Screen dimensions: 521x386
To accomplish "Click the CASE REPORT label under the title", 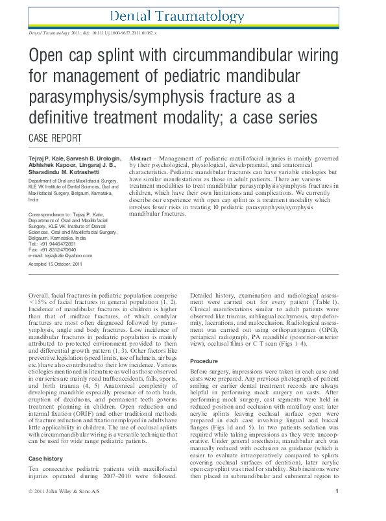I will tap(56, 138).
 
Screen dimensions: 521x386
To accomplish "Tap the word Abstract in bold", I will tap(141, 159).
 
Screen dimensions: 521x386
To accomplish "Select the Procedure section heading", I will tap(204, 361).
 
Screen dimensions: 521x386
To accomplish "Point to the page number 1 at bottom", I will tap(337, 509).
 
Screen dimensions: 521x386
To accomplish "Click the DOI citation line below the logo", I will tap(93, 31).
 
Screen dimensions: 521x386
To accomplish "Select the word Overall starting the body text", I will tap(41, 295).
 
